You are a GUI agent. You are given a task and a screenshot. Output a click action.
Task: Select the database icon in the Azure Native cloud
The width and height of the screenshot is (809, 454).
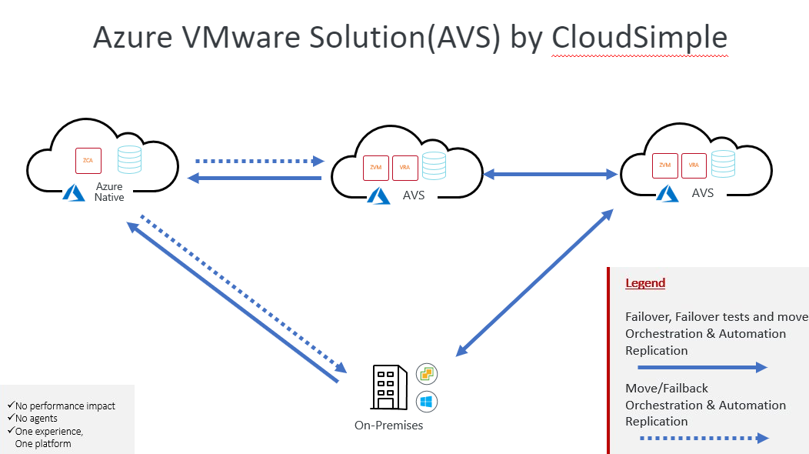129,159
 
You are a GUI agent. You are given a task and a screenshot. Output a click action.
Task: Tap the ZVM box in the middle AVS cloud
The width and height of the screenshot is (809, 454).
376,168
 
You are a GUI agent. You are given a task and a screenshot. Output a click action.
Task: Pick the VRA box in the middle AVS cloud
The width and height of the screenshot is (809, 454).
404,168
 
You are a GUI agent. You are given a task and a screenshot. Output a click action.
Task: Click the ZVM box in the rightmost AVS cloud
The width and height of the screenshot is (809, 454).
665,165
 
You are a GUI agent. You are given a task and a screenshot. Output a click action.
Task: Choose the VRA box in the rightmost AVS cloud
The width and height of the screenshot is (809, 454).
694,165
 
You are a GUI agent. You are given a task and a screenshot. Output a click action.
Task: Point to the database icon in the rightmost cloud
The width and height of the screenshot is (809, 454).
723,164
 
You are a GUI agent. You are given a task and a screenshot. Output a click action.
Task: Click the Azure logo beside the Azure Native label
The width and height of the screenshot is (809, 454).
74,192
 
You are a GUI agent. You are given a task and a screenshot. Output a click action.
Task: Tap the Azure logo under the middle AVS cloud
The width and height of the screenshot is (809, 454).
378,195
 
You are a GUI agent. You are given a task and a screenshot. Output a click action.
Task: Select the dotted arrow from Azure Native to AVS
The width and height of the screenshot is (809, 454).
261,162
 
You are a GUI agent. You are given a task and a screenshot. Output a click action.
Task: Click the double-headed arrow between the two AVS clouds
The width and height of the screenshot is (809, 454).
551,175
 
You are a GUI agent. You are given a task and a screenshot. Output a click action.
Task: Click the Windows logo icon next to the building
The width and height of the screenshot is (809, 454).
427,401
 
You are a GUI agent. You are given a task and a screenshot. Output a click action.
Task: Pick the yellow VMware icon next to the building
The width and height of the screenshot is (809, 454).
427,375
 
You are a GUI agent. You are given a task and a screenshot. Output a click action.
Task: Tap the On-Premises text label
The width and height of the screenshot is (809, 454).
388,425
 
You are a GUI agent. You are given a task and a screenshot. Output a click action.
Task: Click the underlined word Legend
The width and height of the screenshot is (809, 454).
645,283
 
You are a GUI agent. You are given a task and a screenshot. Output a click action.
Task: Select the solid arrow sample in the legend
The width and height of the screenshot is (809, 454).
697,368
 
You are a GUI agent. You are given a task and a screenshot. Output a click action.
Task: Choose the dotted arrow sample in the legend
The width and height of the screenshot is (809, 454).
697,439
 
